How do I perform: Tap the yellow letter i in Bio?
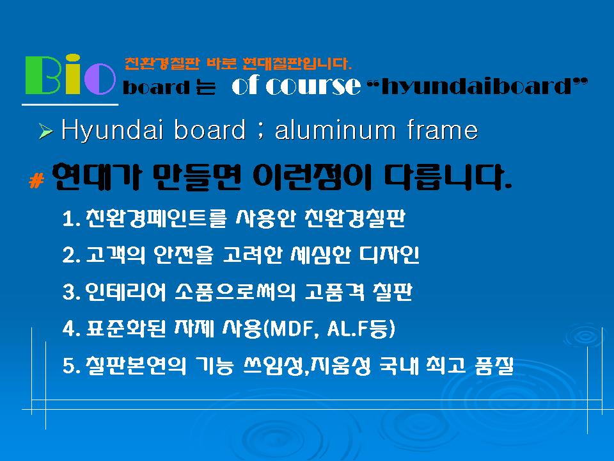pos(72,74)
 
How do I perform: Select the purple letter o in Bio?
pos(100,79)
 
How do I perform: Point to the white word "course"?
pos(313,85)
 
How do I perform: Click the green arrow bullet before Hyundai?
pos(46,131)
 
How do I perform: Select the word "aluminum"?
pos(335,130)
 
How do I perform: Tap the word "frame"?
pos(442,130)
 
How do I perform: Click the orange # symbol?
pos(36,181)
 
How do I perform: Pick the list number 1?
pos(69,219)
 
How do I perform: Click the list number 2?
pos(69,255)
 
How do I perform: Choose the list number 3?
pos(69,292)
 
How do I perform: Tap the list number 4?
pos(69,329)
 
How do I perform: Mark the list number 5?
pos(69,366)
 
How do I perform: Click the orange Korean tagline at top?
pos(238,63)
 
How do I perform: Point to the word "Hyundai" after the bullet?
pos(112,130)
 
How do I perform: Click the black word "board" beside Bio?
pos(156,86)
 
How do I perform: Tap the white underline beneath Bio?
pos(70,104)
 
